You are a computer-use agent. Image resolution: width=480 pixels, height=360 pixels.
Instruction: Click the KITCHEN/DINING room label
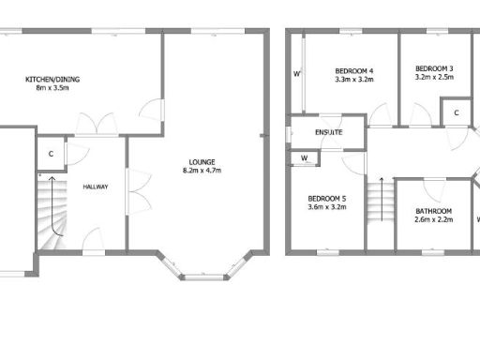(x=52, y=80)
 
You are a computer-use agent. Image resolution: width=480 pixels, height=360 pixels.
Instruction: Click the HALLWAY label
(x=96, y=187)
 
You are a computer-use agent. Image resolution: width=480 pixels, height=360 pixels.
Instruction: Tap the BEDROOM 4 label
(x=354, y=71)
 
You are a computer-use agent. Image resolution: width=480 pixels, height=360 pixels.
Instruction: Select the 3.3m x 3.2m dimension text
(x=354, y=82)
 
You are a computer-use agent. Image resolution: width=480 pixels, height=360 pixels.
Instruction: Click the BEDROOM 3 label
(x=434, y=68)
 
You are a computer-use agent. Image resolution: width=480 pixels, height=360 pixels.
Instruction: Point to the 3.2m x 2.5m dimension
(x=434, y=79)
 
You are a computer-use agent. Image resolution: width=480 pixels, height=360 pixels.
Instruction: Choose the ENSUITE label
(x=327, y=132)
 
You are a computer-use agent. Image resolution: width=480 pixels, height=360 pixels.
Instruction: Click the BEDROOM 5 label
(x=327, y=199)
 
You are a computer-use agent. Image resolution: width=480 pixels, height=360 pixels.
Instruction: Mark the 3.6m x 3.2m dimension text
(x=327, y=209)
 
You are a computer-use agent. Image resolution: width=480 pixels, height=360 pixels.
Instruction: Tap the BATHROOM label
(x=433, y=211)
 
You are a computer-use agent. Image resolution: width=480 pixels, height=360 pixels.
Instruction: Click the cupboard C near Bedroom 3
(x=456, y=113)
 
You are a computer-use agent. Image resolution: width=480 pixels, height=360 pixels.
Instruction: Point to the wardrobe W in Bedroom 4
(x=297, y=73)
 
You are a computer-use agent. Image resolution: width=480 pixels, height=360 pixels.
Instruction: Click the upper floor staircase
(x=378, y=200)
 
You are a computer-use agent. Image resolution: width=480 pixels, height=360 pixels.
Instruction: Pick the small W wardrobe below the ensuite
(x=305, y=158)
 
